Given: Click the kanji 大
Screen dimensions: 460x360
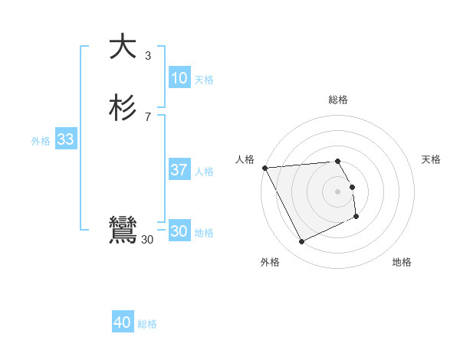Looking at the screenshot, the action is (123, 47).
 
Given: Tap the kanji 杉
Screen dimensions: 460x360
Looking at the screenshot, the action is (123, 107).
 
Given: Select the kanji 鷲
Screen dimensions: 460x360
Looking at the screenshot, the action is (123, 231).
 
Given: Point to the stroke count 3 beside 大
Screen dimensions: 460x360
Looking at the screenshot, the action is (147, 56).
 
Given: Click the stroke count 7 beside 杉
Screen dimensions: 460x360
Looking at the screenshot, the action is (147, 116).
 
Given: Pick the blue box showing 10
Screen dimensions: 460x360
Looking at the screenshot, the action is (179, 78).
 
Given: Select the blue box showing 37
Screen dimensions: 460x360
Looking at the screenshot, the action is (179, 170).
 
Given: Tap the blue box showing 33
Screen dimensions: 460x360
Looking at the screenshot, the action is (65, 139).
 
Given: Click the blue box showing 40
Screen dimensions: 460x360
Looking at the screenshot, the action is (123, 323).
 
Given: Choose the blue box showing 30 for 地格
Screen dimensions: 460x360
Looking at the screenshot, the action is (179, 231).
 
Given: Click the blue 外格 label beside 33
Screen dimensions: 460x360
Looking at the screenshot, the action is (41, 141).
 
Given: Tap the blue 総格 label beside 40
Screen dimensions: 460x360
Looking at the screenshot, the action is (147, 325).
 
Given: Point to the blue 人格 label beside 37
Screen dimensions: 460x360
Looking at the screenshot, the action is (205, 172).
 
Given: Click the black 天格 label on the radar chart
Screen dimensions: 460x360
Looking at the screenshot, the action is (431, 159).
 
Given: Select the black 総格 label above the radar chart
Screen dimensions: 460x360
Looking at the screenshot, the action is (338, 100).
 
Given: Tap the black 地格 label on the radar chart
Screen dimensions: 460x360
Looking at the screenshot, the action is (402, 262).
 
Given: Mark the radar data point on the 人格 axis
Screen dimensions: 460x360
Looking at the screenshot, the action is (264, 168).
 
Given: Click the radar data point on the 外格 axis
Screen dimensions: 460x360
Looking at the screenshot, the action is (301, 242).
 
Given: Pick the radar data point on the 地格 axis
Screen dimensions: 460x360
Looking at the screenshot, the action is (356, 218).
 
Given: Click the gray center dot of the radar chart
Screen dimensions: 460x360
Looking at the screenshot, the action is (338, 191).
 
